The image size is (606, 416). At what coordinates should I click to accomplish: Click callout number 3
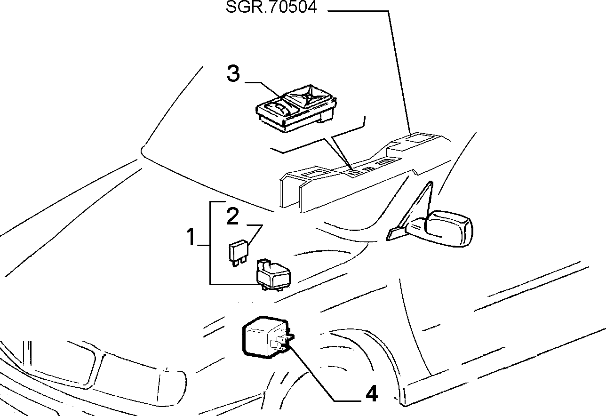coord(233,73)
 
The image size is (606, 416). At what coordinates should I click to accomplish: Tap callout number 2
coord(232,216)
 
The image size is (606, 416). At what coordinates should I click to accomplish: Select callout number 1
coord(191,237)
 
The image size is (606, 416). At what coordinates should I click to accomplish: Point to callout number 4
coord(371,393)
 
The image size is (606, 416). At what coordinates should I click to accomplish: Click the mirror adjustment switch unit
coord(296,108)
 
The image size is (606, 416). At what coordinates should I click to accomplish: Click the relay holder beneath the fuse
coord(273,274)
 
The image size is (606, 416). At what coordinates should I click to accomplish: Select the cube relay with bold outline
coord(267,337)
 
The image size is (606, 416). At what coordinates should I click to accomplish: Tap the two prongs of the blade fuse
coord(238,262)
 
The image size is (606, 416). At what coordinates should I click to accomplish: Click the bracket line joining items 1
coord(210,243)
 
